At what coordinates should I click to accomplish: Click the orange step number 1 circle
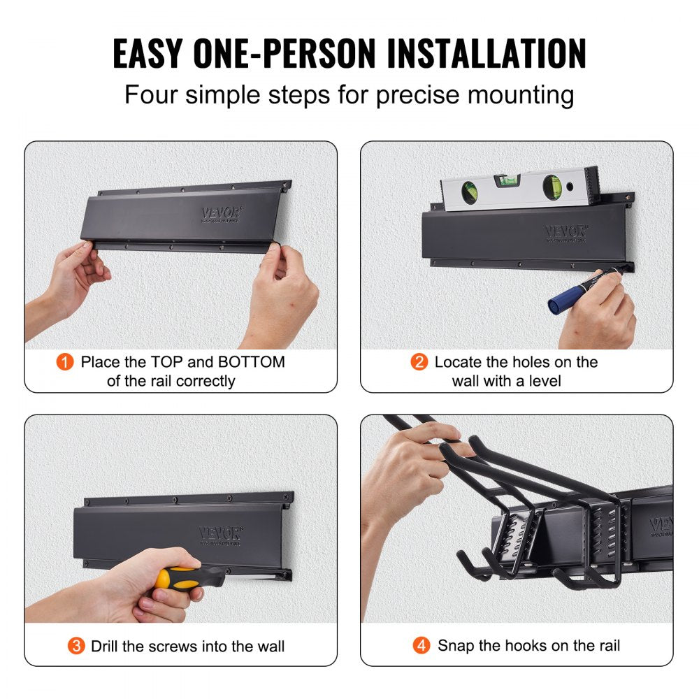click(x=65, y=362)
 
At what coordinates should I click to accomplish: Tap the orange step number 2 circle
click(x=419, y=362)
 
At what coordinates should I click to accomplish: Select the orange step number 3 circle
click(x=76, y=646)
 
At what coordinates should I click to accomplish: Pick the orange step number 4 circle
click(x=421, y=646)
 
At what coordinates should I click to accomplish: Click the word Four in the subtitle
click(x=152, y=94)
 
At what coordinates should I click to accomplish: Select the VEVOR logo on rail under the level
click(x=566, y=231)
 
